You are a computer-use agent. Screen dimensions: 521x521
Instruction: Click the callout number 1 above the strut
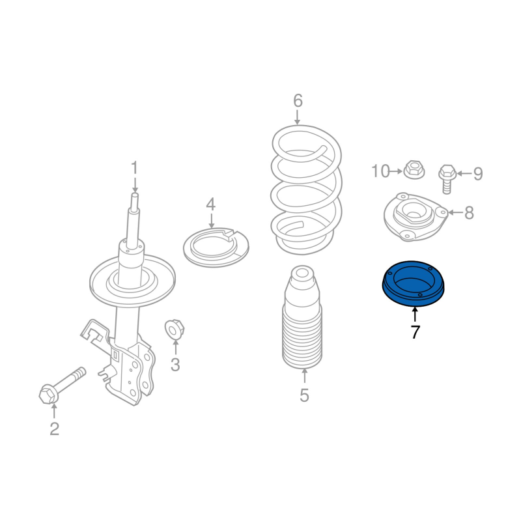click(x=134, y=168)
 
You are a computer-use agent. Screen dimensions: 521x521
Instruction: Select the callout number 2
click(x=55, y=429)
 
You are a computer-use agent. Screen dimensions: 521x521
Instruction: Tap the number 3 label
click(x=175, y=365)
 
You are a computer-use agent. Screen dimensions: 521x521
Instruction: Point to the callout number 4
click(x=211, y=204)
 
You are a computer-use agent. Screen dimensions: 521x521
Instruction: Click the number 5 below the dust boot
click(x=304, y=395)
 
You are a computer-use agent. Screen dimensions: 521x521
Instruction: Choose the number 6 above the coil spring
click(x=298, y=101)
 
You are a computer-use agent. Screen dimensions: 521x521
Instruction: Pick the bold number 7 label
click(x=415, y=331)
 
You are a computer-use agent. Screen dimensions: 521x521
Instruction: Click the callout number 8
click(x=469, y=213)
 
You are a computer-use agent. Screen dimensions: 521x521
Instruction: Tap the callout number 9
click(x=478, y=173)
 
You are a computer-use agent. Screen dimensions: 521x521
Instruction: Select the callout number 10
click(x=380, y=171)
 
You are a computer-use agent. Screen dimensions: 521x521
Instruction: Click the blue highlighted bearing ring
click(x=413, y=284)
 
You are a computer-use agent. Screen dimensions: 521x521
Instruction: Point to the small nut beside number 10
click(x=414, y=169)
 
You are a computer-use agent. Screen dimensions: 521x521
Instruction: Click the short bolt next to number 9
click(x=447, y=178)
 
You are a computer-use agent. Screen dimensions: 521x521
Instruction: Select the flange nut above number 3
click(x=175, y=329)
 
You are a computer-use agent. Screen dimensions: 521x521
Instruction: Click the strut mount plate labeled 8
click(x=415, y=216)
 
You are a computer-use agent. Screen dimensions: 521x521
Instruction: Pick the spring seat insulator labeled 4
click(x=216, y=247)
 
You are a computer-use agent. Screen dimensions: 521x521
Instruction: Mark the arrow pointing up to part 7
click(x=415, y=315)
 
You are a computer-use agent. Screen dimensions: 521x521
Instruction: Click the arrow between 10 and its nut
click(x=396, y=171)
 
